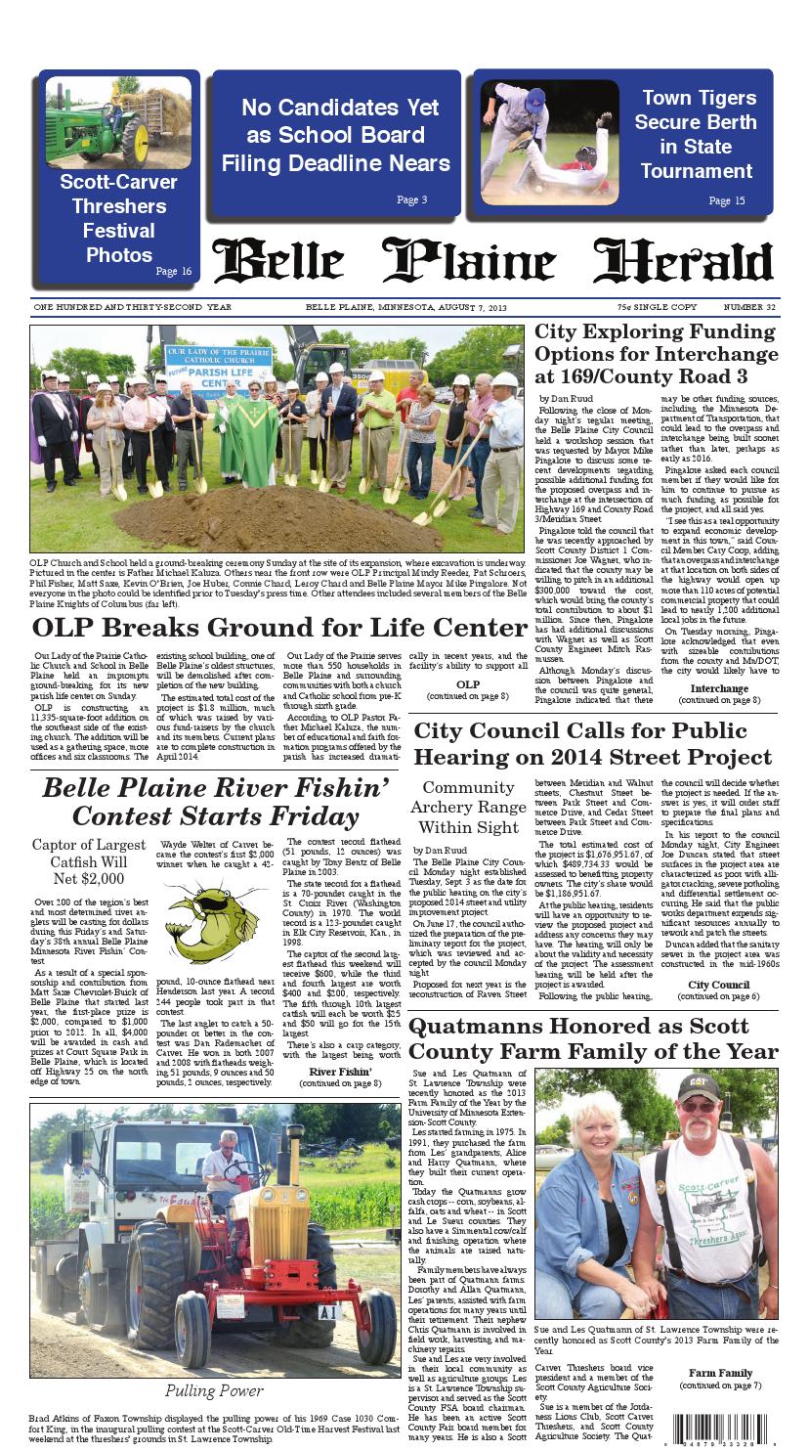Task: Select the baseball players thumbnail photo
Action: [x=549, y=142]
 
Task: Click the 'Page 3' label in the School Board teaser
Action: [x=411, y=200]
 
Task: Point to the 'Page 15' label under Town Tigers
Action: [x=726, y=201]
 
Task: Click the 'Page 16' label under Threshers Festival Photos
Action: [x=173, y=271]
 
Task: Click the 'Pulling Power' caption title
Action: [x=213, y=1390]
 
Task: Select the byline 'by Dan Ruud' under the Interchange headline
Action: [x=565, y=400]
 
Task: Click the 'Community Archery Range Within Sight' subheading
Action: [x=468, y=807]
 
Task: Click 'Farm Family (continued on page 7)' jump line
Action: [x=720, y=1379]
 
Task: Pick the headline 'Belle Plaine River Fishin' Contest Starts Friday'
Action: [x=215, y=801]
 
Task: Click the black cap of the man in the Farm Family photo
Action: [x=699, y=1084]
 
